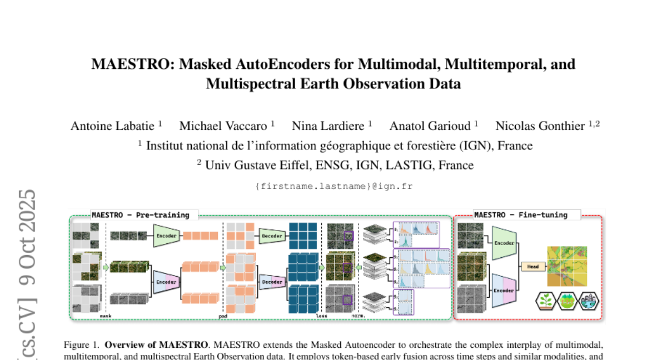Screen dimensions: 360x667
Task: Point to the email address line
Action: (x=333, y=186)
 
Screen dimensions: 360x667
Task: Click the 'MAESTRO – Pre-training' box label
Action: (x=140, y=215)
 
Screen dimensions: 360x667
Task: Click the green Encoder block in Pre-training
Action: (x=167, y=236)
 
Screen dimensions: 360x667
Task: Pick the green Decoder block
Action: (x=271, y=236)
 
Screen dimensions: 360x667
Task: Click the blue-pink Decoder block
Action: (x=271, y=282)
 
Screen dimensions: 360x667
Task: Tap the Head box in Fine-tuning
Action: (x=533, y=267)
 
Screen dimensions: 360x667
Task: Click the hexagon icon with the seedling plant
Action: (x=546, y=301)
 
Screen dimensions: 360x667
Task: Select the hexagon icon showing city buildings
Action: (x=588, y=301)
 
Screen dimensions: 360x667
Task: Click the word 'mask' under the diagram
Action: (x=106, y=316)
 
